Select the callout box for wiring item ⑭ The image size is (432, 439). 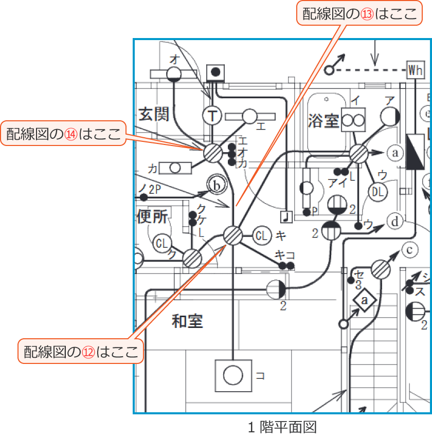coord(63,134)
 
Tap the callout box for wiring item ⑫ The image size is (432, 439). coord(81,352)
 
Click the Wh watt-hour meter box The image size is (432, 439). coord(415,70)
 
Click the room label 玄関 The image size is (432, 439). coord(154,114)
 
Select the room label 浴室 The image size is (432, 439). coord(323,121)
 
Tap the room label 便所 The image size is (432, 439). coord(153,217)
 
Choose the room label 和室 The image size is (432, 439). coord(187,322)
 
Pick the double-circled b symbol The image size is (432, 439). coord(217,185)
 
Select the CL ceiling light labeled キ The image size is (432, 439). coord(261,236)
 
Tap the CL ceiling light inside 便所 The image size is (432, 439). coord(162,243)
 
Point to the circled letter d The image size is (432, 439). coord(395,222)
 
